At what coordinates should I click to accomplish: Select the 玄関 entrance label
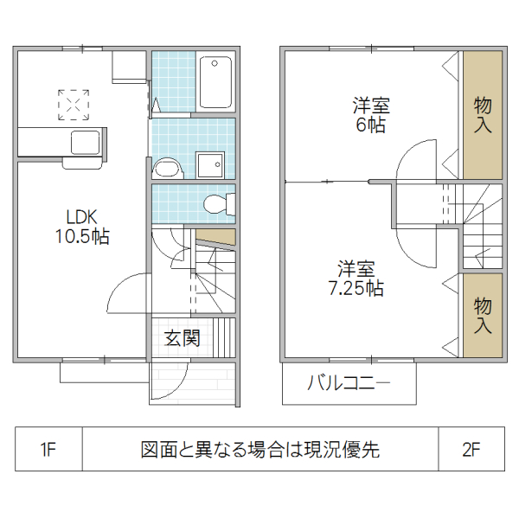[x=183, y=338]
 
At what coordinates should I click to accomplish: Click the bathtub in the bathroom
[x=214, y=82]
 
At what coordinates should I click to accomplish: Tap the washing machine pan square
[x=208, y=164]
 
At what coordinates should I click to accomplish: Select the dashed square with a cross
[x=74, y=105]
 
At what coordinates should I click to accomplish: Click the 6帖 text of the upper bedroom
[x=370, y=125]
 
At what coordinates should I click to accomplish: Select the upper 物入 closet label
[x=483, y=114]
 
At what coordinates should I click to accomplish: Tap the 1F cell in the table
[x=48, y=450]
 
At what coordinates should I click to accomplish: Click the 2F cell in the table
[x=471, y=450]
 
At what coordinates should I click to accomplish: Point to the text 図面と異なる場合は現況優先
[x=260, y=450]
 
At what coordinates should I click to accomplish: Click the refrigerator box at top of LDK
[x=129, y=66]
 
